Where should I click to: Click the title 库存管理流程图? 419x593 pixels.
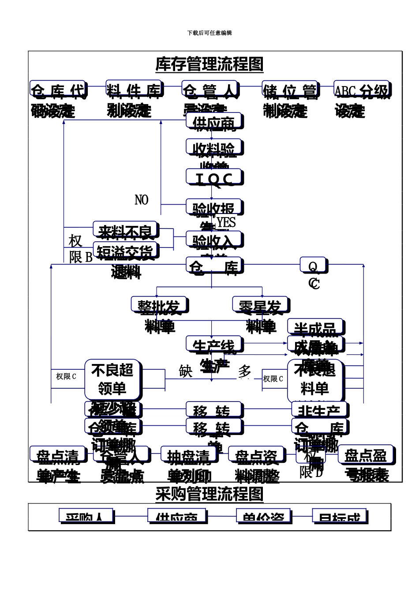point(209,64)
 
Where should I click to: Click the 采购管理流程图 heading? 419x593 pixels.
point(209,494)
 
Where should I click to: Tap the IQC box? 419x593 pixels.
point(214,178)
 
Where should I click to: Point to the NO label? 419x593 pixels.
point(141,200)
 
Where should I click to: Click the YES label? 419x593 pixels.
point(226,222)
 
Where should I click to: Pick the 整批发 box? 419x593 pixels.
point(159,306)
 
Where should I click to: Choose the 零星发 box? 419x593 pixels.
point(260,306)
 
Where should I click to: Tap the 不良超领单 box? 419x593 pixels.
point(112,379)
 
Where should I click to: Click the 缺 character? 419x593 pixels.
point(186,372)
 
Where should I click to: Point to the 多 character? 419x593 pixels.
point(245,372)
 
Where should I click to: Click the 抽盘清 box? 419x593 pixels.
point(188,456)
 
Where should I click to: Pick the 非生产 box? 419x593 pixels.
point(319,410)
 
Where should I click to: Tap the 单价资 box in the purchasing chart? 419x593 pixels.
point(263,516)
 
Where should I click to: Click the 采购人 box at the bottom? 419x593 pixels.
point(86,516)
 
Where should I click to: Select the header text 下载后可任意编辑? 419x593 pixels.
point(209,33)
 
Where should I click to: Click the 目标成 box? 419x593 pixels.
point(340,516)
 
